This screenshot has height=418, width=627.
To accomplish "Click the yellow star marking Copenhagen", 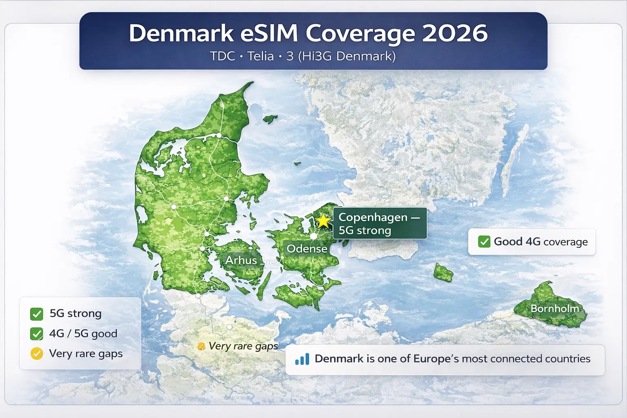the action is (x=323, y=221).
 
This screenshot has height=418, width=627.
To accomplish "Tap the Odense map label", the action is (x=307, y=249).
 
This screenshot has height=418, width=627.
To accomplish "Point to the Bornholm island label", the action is (x=555, y=309).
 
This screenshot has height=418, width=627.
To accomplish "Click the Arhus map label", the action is (x=241, y=260).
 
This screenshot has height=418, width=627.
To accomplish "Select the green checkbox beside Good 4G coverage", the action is (x=484, y=242).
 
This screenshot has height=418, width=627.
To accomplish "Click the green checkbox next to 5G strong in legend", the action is (x=37, y=314).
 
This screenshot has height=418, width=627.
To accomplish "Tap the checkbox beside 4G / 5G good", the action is (x=37, y=334).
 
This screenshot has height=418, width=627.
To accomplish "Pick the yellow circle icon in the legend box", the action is (x=37, y=354).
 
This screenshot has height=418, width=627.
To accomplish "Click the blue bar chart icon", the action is (x=302, y=359).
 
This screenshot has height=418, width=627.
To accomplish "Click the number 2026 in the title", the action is (x=455, y=33).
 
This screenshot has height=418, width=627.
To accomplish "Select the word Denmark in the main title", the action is (x=181, y=33).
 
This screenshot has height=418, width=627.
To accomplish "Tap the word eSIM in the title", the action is (x=269, y=33).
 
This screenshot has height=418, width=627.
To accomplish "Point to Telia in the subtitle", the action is (x=260, y=56).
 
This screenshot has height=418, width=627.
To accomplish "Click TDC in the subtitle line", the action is (x=222, y=56).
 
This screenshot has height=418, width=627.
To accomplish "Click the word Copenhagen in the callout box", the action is (x=373, y=217).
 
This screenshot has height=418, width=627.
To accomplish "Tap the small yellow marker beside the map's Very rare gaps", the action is (x=201, y=347).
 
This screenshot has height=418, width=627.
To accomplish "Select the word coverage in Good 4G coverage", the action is (x=566, y=242).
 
